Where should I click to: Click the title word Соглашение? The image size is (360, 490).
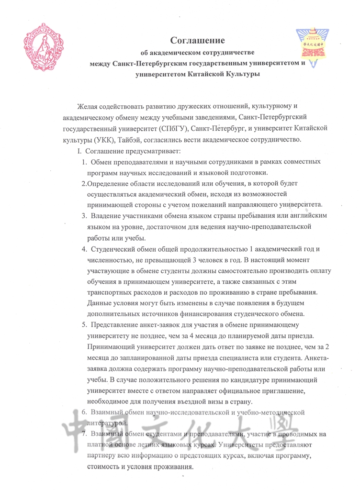[198, 40]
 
